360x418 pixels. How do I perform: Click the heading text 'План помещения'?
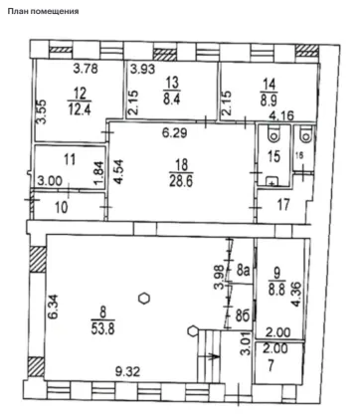tap(43, 11)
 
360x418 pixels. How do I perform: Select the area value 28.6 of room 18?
tap(182, 182)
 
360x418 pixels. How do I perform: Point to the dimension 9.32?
tap(127, 371)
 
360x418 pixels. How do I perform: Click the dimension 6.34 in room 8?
tap(53, 307)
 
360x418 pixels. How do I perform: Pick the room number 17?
tap(283, 205)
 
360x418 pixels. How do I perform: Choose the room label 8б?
tap(243, 316)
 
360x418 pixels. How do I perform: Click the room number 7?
tap(270, 366)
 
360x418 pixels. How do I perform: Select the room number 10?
tap(62, 208)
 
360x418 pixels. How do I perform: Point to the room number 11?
tap(70, 159)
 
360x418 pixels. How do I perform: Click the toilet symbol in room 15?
tap(274, 133)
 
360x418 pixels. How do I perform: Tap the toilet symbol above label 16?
tap(304, 133)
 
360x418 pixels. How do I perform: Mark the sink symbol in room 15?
tap(272, 181)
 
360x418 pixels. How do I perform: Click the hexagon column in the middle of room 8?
tap(144, 298)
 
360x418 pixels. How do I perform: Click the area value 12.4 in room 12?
tap(80, 109)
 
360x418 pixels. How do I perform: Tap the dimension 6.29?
tap(175, 133)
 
